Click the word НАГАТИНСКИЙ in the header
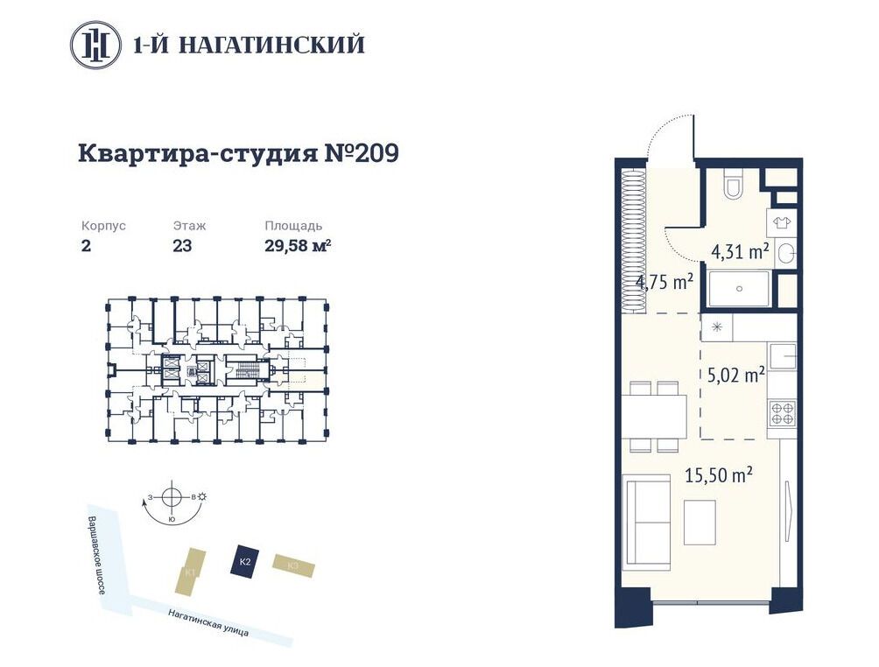[272, 45]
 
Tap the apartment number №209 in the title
[362, 153]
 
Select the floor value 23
[183, 245]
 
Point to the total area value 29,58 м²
[298, 245]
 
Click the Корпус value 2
[86, 245]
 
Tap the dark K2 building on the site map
[244, 559]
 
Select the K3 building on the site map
[293, 565]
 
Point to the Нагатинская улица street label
[208, 622]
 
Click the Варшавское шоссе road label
[97, 554]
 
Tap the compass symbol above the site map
[172, 497]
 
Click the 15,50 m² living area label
[719, 475]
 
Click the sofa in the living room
[647, 522]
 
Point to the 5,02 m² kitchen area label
[736, 374]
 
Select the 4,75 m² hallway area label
[665, 281]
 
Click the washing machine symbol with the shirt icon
[782, 223]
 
